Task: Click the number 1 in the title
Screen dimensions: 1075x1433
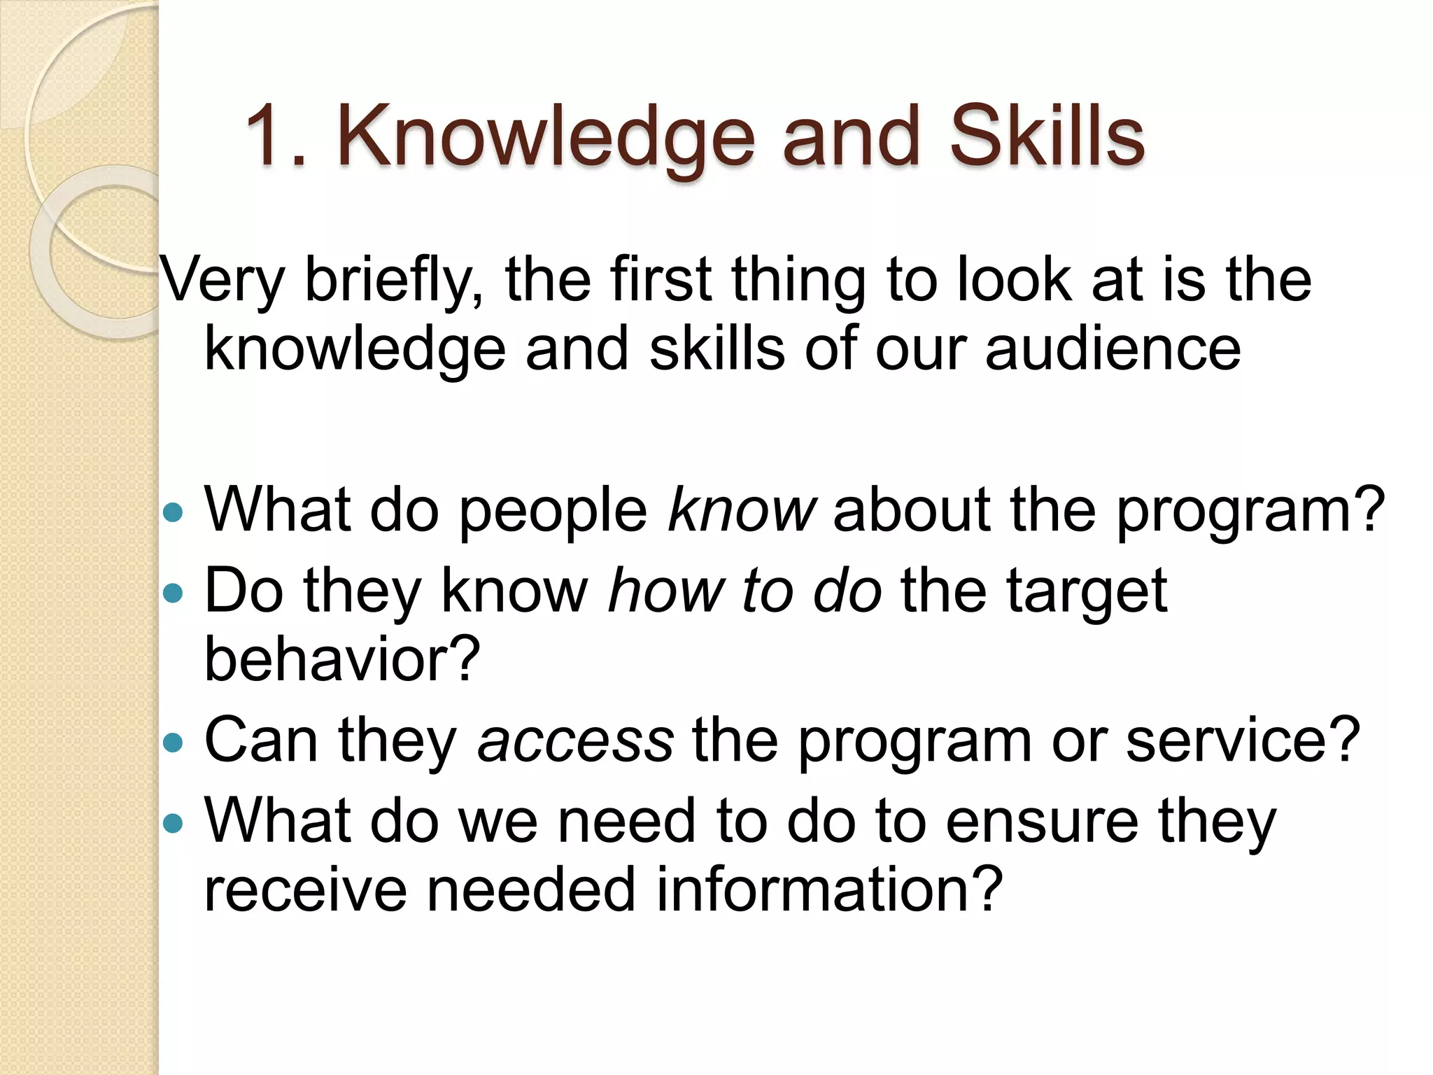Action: (268, 136)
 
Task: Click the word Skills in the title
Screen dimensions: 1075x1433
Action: (1047, 136)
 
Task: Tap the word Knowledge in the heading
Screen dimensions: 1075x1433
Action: (546, 137)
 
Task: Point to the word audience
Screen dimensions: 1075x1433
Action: (1113, 349)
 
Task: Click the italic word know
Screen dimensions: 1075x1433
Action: (742, 510)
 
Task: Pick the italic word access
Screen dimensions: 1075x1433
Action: (575, 740)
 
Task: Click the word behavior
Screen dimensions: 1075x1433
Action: (341, 659)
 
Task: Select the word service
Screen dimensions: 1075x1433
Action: (1243, 740)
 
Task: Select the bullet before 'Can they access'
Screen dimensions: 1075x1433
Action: (172, 743)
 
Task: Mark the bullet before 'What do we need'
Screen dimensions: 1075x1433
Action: (172, 824)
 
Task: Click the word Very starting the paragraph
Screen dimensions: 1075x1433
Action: (223, 281)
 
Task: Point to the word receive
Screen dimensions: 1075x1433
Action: (305, 889)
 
